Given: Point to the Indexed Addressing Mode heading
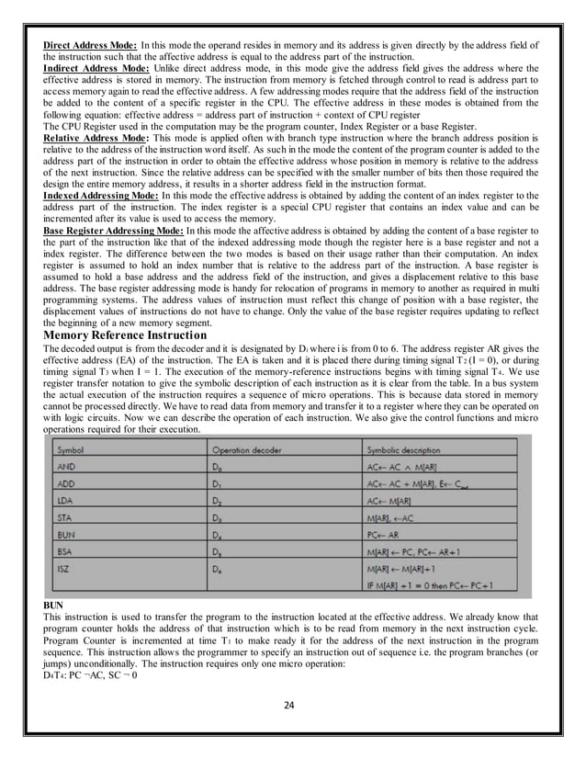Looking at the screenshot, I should [x=100, y=195].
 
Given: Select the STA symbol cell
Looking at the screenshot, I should [x=65, y=519].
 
